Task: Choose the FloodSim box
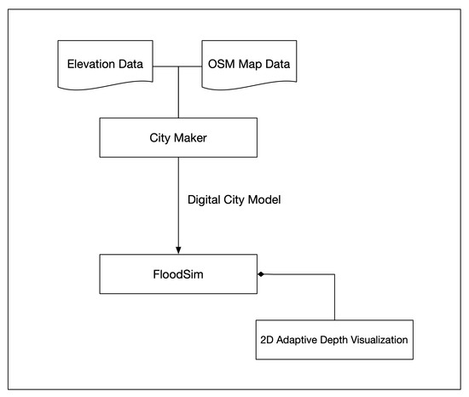[177, 273]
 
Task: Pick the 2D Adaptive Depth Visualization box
[333, 339]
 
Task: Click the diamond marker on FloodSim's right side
[260, 273]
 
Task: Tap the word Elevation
[86, 63]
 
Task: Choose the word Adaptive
[297, 340]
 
